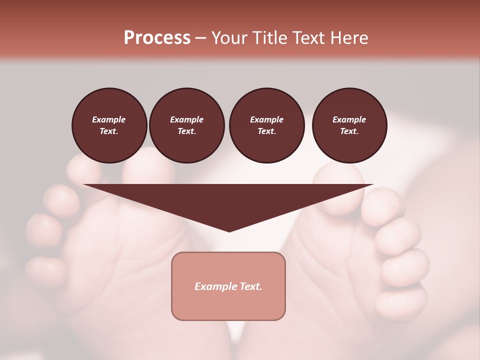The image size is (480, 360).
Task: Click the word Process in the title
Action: click(x=157, y=38)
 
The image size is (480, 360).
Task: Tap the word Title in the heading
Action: click(x=268, y=38)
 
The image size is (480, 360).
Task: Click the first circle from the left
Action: click(x=109, y=125)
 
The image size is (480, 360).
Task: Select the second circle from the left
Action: click(x=187, y=125)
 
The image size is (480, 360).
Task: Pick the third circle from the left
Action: click(x=267, y=125)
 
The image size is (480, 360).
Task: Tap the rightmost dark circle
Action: click(x=349, y=125)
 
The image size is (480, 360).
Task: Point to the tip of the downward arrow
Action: click(x=229, y=230)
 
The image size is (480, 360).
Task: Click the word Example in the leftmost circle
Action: click(x=109, y=119)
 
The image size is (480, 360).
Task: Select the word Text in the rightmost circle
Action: click(x=349, y=131)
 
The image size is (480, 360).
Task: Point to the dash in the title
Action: click(x=200, y=38)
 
